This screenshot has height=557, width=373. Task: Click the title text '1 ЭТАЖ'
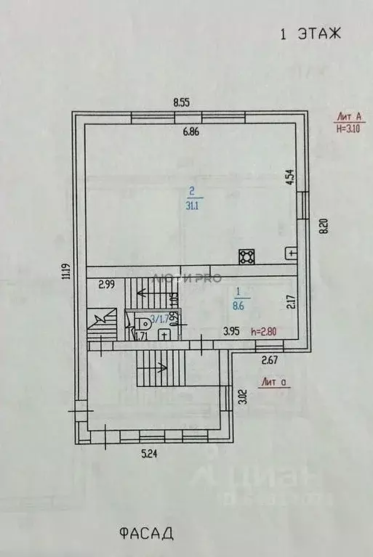[x=310, y=33]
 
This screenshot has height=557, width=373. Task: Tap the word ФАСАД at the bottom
[x=146, y=534]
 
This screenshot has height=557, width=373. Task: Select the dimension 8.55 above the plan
[x=181, y=103]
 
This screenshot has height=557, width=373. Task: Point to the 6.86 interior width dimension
[x=190, y=131]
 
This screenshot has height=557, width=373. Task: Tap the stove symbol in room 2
[x=246, y=256]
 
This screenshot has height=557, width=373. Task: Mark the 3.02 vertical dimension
[x=241, y=396]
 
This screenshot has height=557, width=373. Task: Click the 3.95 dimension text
[x=231, y=333]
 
